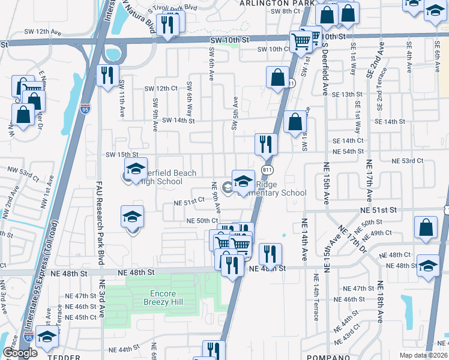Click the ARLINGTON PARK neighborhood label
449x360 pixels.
[277, 3]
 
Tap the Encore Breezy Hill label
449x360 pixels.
[163, 299]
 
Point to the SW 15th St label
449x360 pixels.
[122, 155]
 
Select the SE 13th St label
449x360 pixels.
[348, 95]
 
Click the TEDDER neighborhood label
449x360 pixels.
[65, 357]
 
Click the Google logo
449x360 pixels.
[19, 353]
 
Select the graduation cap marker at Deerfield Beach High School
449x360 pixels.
[136, 170]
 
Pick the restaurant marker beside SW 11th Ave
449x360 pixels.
[107, 76]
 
